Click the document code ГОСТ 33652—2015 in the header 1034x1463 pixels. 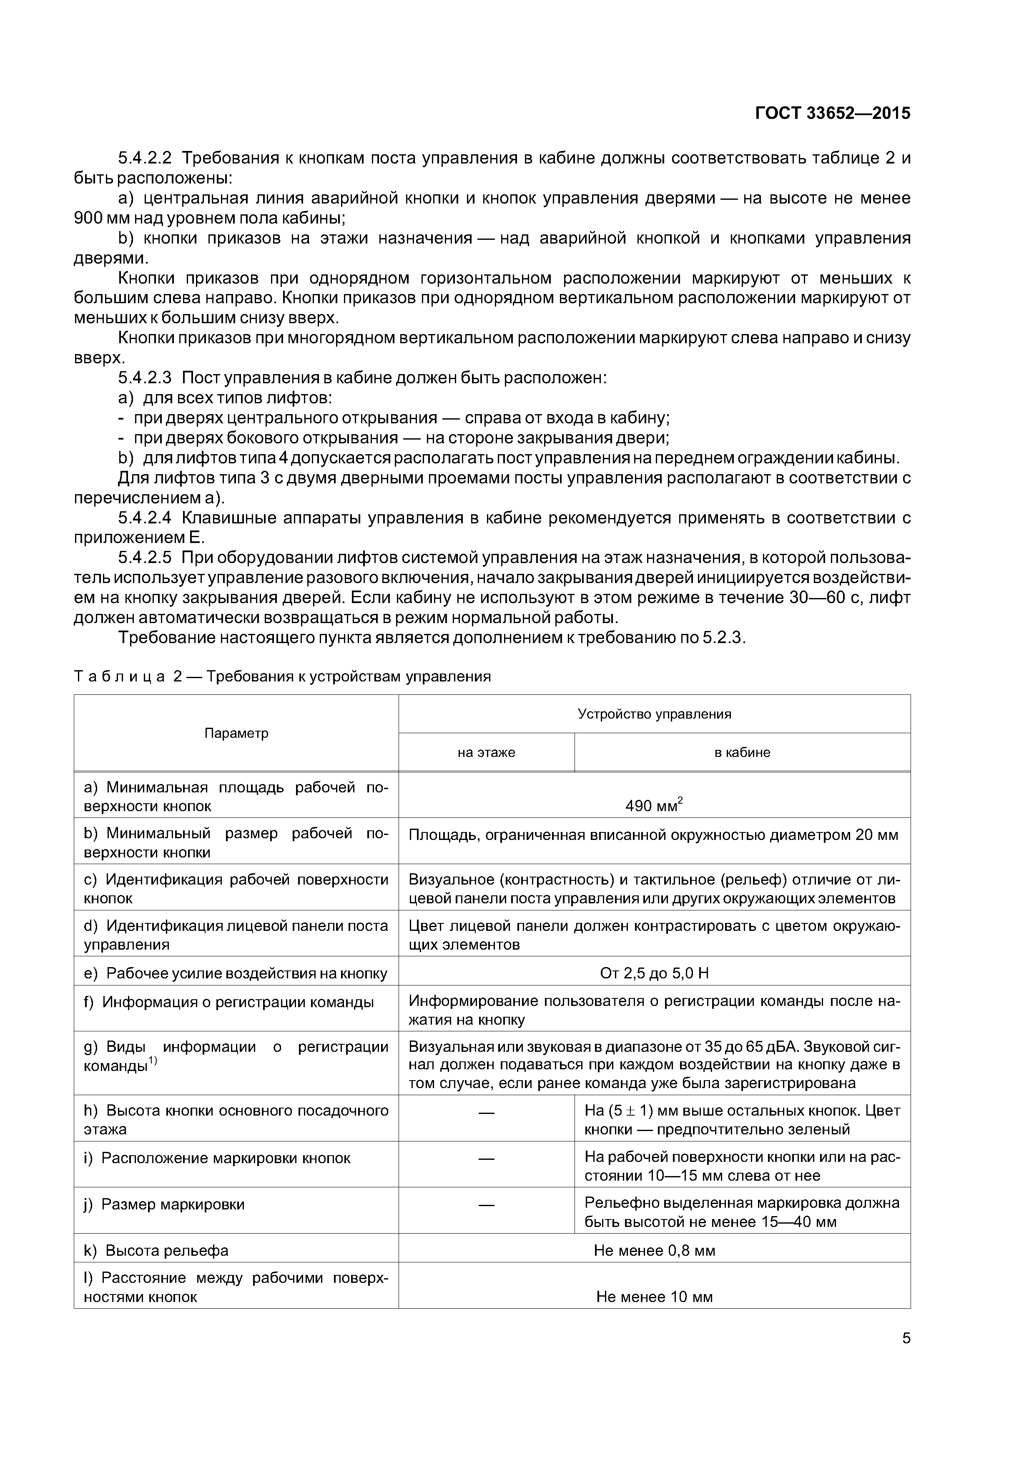(x=832, y=113)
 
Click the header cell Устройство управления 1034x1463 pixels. (x=654, y=714)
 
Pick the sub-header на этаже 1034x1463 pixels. (x=486, y=752)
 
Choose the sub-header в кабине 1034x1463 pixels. (x=742, y=752)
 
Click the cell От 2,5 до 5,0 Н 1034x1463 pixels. (x=654, y=973)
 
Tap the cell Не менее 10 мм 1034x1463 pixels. (x=654, y=1297)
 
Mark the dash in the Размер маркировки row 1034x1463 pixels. (x=486, y=1205)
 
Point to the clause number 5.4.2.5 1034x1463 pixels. (x=145, y=558)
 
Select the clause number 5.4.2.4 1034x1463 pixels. (x=145, y=518)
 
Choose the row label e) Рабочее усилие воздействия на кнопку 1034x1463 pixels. (x=235, y=973)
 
